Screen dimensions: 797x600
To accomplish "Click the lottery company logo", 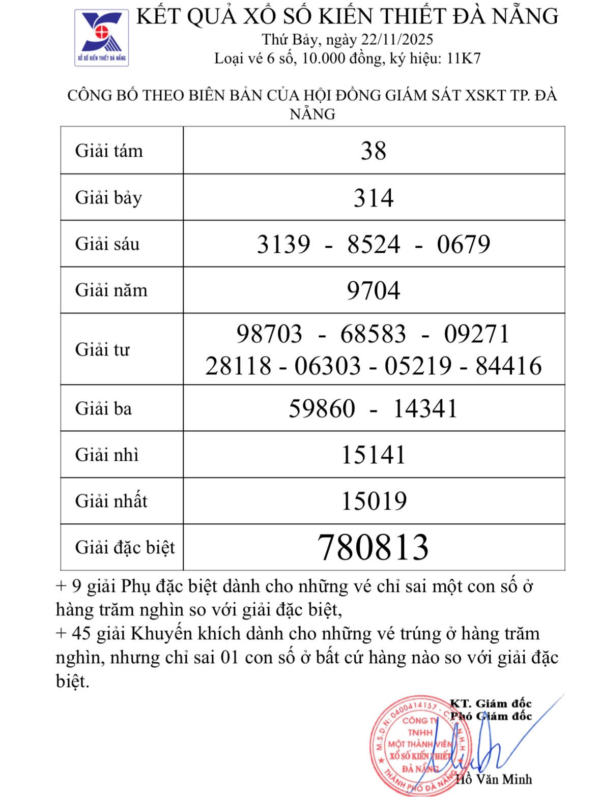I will click(102, 38).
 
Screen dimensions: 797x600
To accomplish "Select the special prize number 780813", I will click(373, 547).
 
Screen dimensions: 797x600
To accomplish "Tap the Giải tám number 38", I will click(374, 151).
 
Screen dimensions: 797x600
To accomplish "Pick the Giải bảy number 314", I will click(374, 197).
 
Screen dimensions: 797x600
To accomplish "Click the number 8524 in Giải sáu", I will click(374, 244).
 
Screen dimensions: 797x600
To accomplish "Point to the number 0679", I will click(463, 244).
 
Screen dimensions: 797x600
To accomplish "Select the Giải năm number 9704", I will click(374, 290).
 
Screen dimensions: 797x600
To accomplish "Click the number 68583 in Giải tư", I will click(373, 334).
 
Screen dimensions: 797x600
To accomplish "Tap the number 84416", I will click(508, 366).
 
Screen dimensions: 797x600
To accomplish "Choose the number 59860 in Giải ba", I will click(322, 408).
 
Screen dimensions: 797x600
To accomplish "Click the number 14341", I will click(425, 408).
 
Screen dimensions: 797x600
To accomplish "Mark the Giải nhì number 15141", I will click(373, 455).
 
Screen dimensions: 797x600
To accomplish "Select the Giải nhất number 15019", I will click(374, 501).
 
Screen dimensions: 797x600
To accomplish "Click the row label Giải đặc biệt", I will click(125, 547).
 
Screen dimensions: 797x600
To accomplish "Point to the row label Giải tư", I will click(102, 349).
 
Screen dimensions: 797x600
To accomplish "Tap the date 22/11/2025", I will click(397, 39).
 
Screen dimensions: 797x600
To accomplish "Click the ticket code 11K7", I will click(464, 58).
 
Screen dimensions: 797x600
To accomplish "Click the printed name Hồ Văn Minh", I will click(494, 779).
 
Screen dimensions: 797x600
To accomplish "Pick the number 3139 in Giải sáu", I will click(283, 244).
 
